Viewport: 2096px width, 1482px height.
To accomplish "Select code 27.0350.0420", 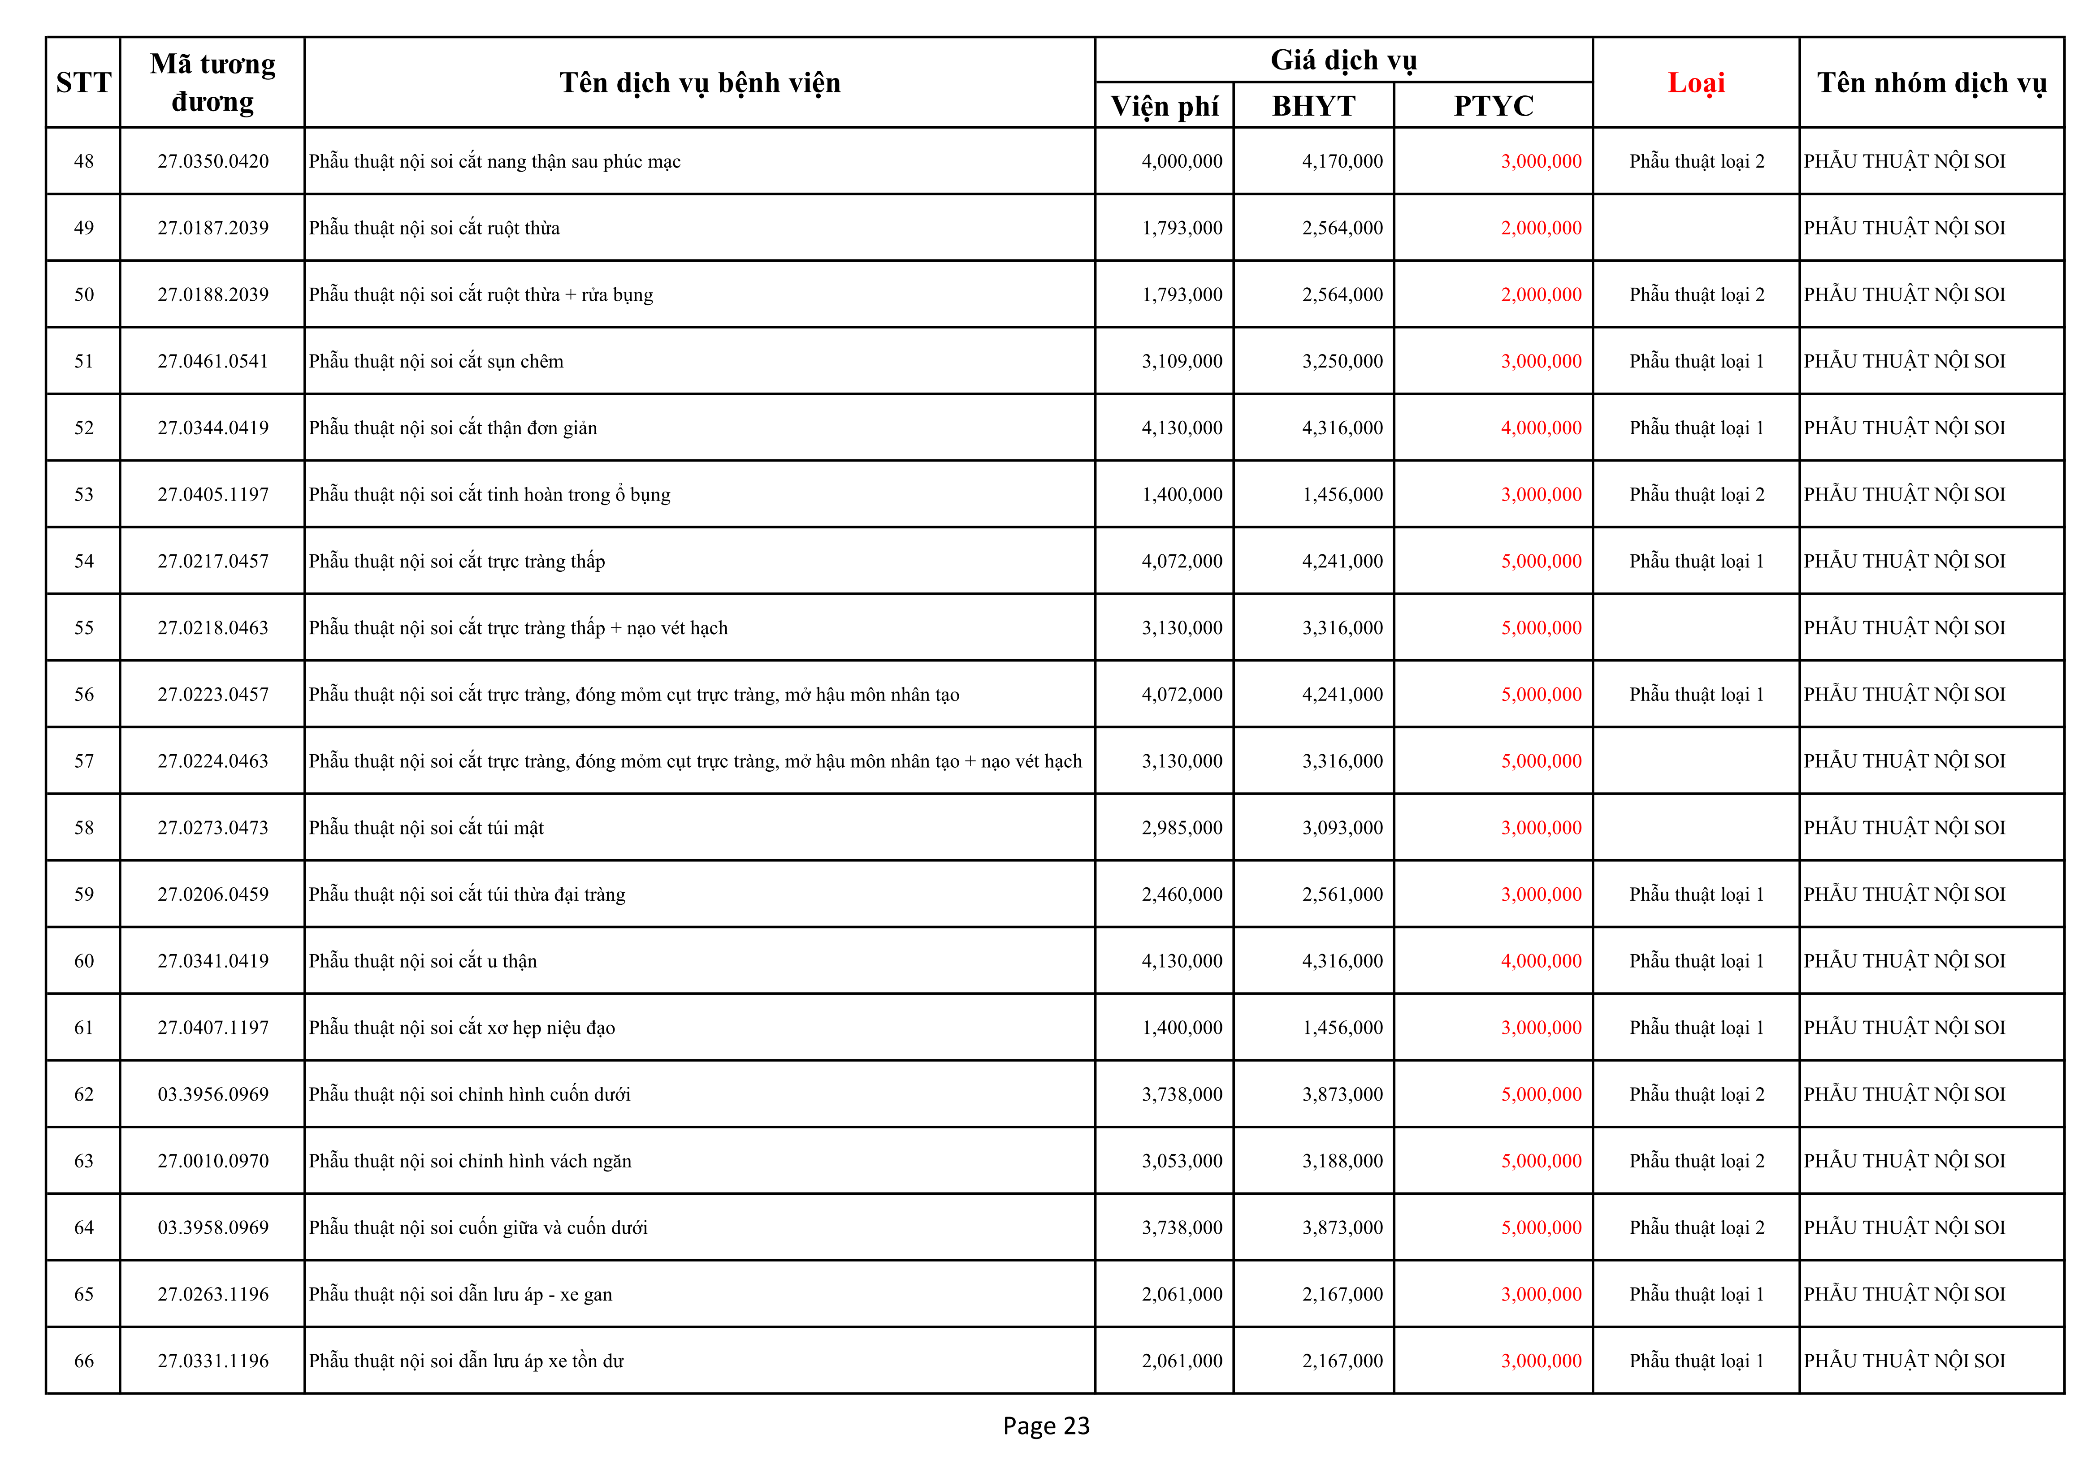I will tap(213, 161).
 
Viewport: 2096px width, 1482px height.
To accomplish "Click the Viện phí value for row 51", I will tap(1181, 361).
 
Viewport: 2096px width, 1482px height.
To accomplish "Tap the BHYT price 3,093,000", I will tap(1342, 828).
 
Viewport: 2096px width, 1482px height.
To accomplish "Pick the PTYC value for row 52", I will tap(1541, 428).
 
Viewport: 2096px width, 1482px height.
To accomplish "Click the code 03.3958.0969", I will tap(213, 1227).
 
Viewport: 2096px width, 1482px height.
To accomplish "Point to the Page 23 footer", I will tap(1046, 1426).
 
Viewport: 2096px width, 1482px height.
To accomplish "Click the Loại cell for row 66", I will tap(1696, 1361).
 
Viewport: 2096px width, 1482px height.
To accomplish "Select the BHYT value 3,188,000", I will tap(1342, 1161).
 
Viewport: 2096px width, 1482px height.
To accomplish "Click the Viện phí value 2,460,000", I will tap(1181, 894).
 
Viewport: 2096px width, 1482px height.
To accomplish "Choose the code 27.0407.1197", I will tap(213, 1028).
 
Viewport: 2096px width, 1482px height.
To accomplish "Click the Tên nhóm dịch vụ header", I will tap(1931, 83).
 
